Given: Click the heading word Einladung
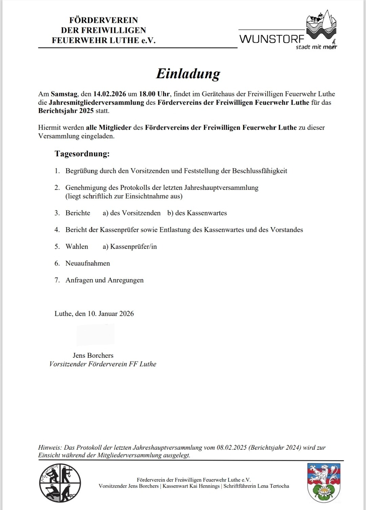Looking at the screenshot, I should coord(188,74).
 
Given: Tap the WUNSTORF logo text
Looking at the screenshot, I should coord(272,39).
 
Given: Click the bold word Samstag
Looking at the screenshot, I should coord(64,94).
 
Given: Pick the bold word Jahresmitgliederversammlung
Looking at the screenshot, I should coord(97,102).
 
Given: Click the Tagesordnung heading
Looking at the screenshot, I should coord(82,154).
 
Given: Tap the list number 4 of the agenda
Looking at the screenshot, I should coord(57,230).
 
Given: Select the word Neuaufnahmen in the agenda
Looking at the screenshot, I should coord(88,263).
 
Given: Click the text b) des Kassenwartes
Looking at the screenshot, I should coord(197,213).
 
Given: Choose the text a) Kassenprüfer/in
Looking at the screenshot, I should coord(130,247).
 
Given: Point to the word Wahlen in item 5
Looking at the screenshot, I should coord(77,247).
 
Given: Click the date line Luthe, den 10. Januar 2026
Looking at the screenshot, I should coord(94,314).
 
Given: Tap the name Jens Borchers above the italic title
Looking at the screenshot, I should coord(93,355).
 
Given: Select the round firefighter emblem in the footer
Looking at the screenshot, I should coord(60,483).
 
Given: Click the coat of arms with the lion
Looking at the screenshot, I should coord(323,483).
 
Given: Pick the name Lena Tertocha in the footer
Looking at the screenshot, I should coord(273,486).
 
